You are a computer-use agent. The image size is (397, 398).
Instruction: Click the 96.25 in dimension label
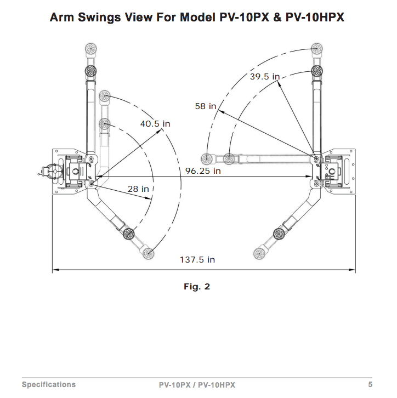[x=203, y=171]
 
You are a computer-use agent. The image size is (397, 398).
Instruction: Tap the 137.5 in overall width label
[x=197, y=260]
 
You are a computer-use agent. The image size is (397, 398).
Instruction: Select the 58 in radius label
[x=206, y=106]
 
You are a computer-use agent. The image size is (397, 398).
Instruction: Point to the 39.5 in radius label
[x=265, y=76]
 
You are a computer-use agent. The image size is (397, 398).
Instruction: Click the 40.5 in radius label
[x=155, y=123]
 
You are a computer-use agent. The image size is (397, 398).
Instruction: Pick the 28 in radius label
[x=138, y=189]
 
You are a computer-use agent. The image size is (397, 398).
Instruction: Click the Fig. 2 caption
[x=197, y=287]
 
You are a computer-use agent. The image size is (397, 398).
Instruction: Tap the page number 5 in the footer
[x=370, y=384]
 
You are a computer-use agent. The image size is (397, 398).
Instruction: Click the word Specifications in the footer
[x=49, y=384]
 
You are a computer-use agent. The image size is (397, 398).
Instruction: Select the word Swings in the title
[x=99, y=17]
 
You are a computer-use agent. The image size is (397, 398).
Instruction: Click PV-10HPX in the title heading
[x=315, y=17]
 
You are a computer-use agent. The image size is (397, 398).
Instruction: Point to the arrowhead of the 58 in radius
[x=220, y=111]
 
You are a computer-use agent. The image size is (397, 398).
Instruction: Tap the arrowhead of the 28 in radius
[x=149, y=198]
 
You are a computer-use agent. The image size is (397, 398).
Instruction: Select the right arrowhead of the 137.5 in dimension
[x=353, y=270]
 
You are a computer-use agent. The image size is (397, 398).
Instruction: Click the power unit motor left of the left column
[x=52, y=172]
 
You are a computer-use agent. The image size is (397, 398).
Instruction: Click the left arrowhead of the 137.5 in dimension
[x=55, y=270]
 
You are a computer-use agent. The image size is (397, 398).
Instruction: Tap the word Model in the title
[x=197, y=17]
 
